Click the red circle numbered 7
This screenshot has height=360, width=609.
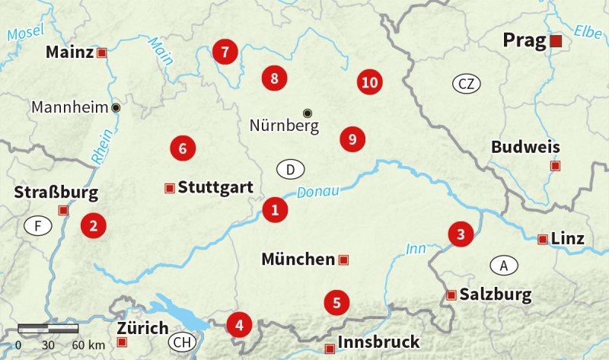pyautogui.click(x=225, y=52)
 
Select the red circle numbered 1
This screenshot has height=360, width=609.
pyautogui.click(x=275, y=210)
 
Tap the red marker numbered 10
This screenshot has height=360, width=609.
pyautogui.click(x=369, y=82)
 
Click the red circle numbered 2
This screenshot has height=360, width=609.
pyautogui.click(x=93, y=225)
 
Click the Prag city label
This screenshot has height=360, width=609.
pyautogui.click(x=525, y=40)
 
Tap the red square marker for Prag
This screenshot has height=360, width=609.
pyautogui.click(x=556, y=41)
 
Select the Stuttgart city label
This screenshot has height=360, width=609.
pyautogui.click(x=215, y=187)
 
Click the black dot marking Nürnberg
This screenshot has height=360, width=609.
pyautogui.click(x=308, y=113)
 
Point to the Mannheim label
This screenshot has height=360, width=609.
pyautogui.click(x=70, y=107)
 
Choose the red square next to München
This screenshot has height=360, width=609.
pyautogui.click(x=343, y=260)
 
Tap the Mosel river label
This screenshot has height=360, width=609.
pyautogui.click(x=26, y=33)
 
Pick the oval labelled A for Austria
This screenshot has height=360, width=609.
pyautogui.click(x=503, y=265)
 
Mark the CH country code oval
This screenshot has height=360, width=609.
pyautogui.click(x=182, y=342)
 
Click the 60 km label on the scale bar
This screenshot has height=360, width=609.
pyautogui.click(x=88, y=346)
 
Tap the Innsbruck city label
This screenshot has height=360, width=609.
pyautogui.click(x=378, y=342)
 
